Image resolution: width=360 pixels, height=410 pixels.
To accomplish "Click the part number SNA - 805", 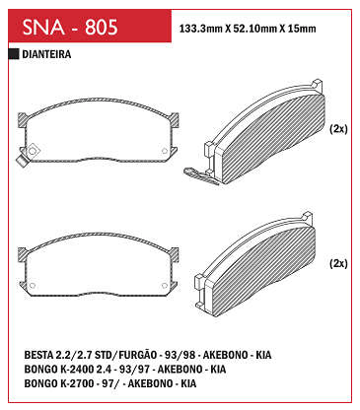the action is click(70, 27).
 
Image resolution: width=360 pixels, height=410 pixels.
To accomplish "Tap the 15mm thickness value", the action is click(302, 29).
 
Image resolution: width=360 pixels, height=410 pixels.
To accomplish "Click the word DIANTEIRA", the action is click(46, 54).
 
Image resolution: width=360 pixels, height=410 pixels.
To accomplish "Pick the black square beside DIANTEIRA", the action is click(14, 54).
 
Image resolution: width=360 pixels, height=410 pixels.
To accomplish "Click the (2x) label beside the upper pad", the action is click(338, 129).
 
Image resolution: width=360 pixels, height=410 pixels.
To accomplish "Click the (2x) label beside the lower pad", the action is click(338, 263).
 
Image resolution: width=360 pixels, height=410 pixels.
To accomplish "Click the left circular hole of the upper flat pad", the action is click(33, 151).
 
